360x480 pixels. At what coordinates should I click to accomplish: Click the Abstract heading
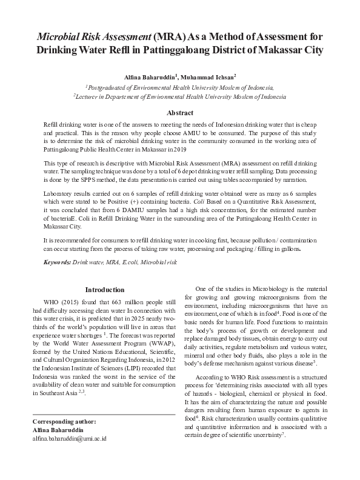click(x=180, y=113)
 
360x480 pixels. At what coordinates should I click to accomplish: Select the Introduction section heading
click(x=104, y=290)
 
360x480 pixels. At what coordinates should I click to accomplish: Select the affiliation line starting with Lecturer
click(x=180, y=96)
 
